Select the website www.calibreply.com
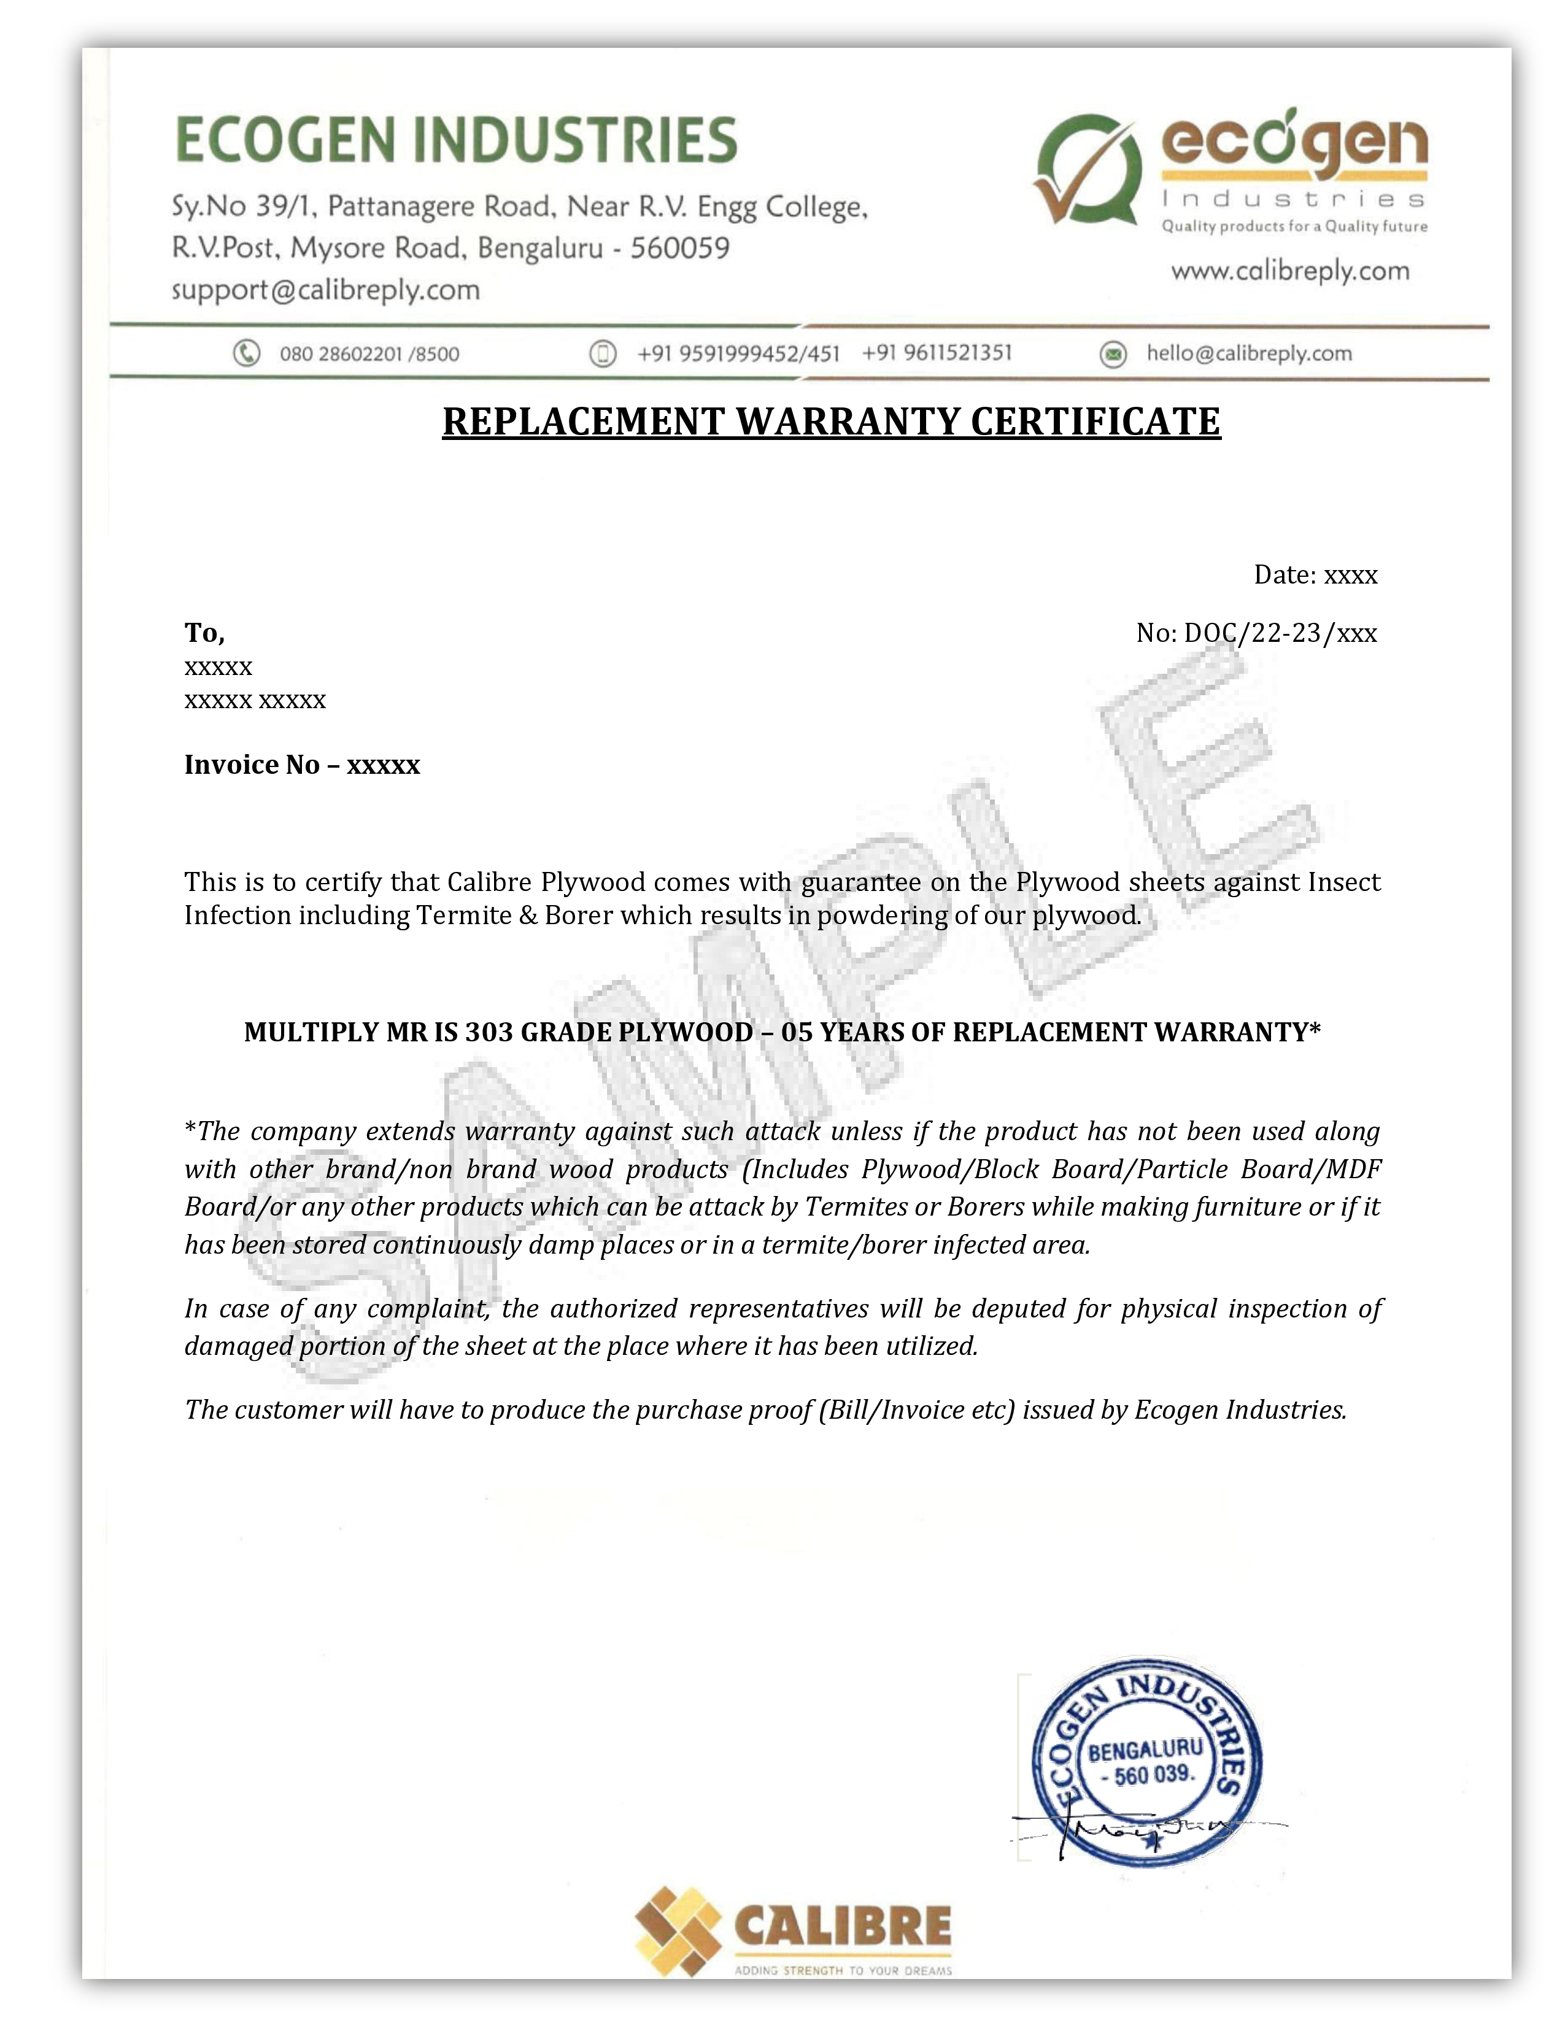click(1289, 272)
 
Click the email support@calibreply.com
click(325, 290)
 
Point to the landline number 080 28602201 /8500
click(369, 354)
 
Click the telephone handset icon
click(245, 353)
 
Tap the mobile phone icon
click(603, 353)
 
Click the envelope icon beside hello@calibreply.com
click(1113, 354)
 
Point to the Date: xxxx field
click(1315, 575)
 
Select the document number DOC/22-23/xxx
click(1280, 633)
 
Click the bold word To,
click(204, 633)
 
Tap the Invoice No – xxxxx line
click(302, 765)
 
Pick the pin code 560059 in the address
click(679, 249)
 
